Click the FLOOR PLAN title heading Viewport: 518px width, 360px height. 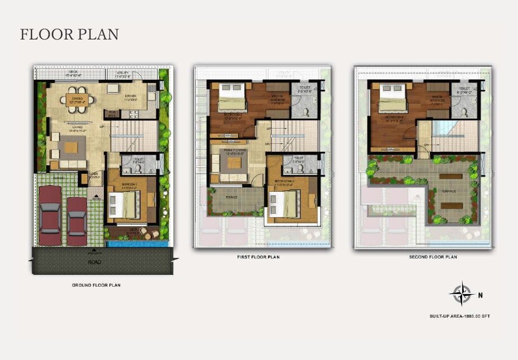[x=69, y=34]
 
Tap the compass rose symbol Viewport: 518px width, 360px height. [x=460, y=294]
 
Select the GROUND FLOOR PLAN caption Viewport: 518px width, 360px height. [x=96, y=285]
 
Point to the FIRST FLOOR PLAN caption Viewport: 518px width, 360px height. [x=258, y=257]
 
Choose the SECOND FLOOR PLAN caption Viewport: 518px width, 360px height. [x=433, y=257]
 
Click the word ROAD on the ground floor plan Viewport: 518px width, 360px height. [x=95, y=262]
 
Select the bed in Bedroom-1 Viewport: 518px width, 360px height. [x=123, y=204]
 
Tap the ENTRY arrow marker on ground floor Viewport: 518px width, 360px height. [x=97, y=195]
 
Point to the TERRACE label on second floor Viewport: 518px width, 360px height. [x=449, y=192]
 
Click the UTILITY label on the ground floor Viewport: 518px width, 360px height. [x=123, y=73]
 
